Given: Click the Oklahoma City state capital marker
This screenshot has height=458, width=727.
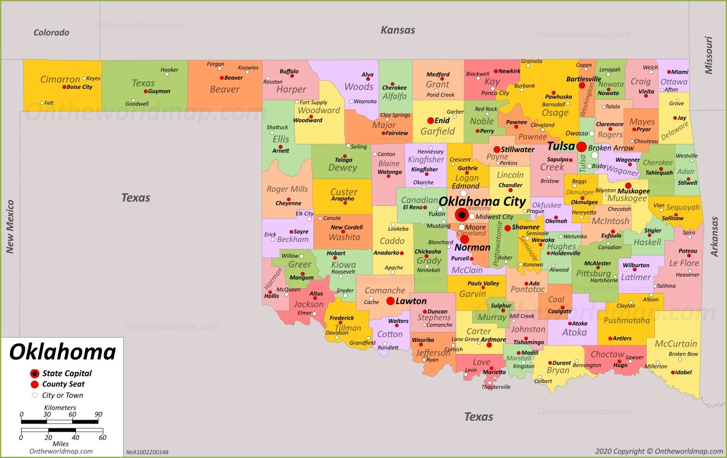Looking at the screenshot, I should click(x=462, y=215).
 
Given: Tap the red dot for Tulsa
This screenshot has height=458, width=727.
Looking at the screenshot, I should click(x=582, y=147).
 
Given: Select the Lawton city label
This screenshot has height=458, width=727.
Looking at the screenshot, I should click(x=411, y=301).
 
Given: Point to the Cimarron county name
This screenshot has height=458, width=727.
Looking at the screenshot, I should click(x=60, y=80).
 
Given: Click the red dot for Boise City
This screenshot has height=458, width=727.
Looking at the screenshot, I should click(x=64, y=87).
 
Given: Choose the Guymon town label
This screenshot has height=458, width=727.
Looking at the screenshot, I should click(x=159, y=92).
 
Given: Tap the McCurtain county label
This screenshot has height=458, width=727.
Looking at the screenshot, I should click(x=676, y=344).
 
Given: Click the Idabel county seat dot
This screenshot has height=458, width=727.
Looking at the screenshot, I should click(x=673, y=372).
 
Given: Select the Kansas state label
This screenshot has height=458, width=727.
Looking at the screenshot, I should click(x=398, y=30).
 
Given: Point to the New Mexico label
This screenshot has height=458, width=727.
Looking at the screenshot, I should click(x=10, y=226).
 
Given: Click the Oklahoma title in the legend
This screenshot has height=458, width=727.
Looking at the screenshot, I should click(x=62, y=352).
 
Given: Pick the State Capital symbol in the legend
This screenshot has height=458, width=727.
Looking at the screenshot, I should click(x=34, y=373).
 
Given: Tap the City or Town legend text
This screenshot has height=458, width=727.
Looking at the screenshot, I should click(x=62, y=395).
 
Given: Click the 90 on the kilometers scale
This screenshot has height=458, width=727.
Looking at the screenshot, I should click(x=98, y=414).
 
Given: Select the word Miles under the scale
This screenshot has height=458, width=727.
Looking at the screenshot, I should click(x=60, y=443).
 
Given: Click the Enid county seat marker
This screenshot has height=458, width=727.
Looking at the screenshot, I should click(x=430, y=121).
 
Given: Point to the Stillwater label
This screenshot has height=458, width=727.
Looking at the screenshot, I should click(x=518, y=149).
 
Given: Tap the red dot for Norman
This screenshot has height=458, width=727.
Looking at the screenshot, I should click(x=464, y=239).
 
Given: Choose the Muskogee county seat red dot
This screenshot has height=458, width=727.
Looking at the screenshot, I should click(x=628, y=185).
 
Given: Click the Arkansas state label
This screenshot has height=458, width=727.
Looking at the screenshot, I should click(x=715, y=237).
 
